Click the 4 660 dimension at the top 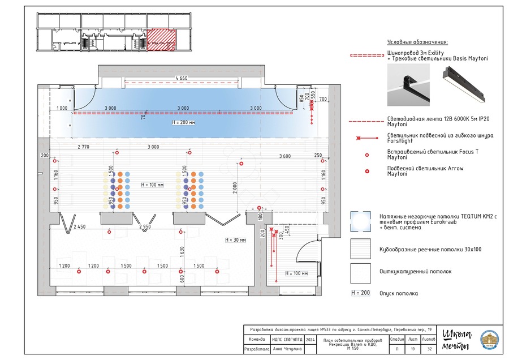[181, 78]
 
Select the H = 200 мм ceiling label [183, 122]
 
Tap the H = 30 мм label [235, 240]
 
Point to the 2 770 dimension [83, 147]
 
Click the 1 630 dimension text [182, 252]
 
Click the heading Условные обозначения [417, 42]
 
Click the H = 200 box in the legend [360, 293]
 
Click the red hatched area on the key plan [161, 40]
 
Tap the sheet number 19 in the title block [413, 349]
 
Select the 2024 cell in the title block [310, 340]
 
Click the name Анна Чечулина [287, 349]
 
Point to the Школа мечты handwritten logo [456, 340]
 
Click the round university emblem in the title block [489, 340]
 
